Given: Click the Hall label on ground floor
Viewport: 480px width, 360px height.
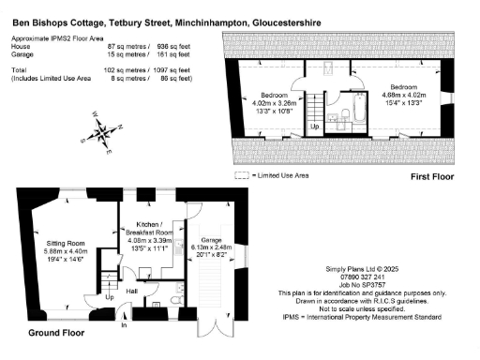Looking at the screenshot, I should tap(133, 292).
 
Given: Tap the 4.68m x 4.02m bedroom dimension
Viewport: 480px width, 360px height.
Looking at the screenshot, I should tap(404, 94).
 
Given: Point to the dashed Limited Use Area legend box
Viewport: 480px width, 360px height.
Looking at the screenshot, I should tap(241, 174).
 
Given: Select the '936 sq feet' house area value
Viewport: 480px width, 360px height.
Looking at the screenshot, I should tap(174, 45).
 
